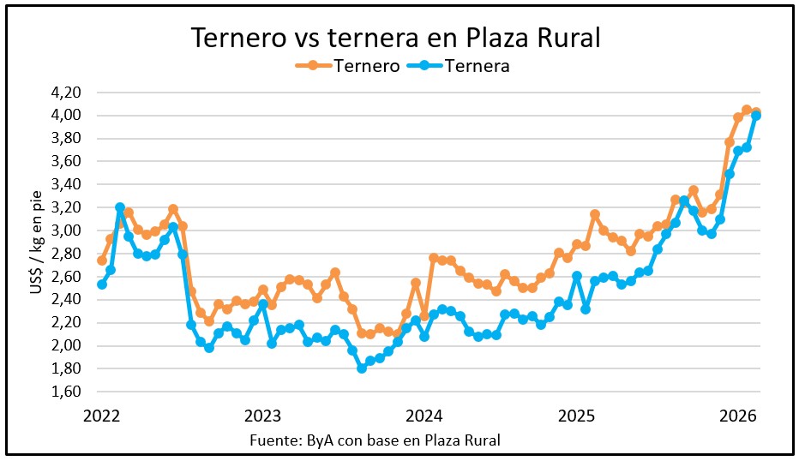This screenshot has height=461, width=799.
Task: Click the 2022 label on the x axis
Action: (102, 416)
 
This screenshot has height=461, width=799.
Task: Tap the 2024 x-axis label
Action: (424, 416)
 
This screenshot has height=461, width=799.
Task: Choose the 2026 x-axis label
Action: (737, 416)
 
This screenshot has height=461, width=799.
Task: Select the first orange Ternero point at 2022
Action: (102, 260)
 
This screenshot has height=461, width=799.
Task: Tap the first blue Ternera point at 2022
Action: (102, 284)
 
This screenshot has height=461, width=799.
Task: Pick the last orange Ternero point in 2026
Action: (755, 112)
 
